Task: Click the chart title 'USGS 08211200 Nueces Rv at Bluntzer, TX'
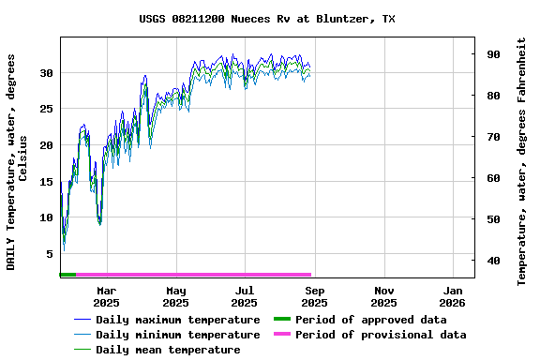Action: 267,19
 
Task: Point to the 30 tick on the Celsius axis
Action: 46,72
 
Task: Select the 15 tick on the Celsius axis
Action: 46,182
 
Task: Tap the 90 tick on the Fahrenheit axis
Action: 491,54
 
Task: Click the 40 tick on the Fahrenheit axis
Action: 491,261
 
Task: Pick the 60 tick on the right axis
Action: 491,178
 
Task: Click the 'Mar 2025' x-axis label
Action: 106,296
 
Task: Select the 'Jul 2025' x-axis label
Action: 244,296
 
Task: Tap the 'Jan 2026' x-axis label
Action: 452,296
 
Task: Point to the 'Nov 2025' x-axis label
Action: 382,296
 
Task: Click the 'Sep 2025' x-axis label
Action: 313,296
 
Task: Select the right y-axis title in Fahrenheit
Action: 522,161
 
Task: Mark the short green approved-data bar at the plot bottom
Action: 67,275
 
